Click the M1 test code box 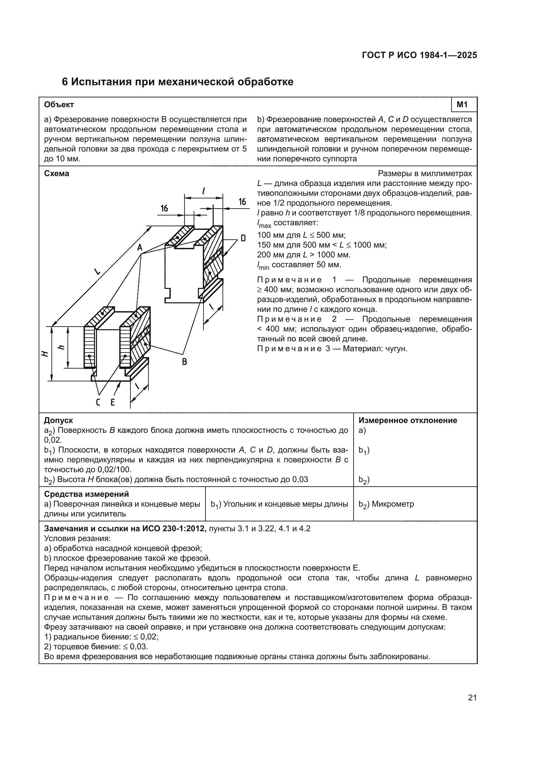coord(464,105)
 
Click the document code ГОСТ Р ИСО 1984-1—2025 coord(419,55)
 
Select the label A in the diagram coord(140,248)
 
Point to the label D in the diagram coord(243,238)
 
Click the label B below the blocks coord(184,361)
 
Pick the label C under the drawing coord(98,403)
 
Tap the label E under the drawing coord(113,403)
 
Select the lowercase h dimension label coord(61,347)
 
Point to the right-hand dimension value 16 coord(242,202)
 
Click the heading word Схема coord(56,174)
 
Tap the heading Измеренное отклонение coord(408,420)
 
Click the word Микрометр coord(393,504)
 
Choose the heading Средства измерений coord(86,494)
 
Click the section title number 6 coord(65,82)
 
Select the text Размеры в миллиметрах coord(425,174)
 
